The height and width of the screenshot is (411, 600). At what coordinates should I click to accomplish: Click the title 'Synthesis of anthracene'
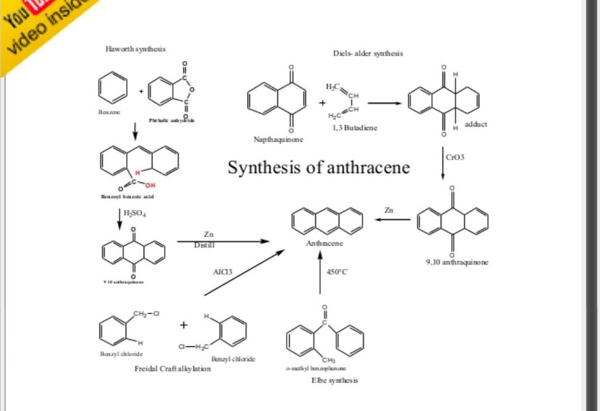pos(319,168)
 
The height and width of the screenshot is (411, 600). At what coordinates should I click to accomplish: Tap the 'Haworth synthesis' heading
pos(135,49)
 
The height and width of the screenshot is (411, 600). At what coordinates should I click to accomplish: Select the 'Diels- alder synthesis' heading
pos(368,53)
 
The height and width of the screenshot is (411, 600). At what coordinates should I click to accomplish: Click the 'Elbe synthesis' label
pos(334,380)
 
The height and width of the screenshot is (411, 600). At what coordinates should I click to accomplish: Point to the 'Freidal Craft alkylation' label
pos(173,368)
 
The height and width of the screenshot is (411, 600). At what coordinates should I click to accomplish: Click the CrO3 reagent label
pos(455,157)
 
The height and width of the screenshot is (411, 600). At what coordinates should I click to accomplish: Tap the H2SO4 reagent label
pos(135,213)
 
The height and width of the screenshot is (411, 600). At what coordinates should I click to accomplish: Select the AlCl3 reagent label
pos(222,272)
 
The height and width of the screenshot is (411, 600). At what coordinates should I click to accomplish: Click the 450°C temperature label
pos(337,272)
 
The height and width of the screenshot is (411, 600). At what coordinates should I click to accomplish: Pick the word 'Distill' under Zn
pos(204,245)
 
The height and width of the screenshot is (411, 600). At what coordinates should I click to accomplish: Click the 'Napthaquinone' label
pos(278,140)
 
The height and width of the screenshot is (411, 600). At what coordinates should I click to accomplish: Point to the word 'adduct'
pos(476,124)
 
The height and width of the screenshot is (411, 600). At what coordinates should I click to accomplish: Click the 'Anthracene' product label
pos(325,243)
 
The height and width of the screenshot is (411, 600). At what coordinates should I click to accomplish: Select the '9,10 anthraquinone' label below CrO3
pos(457,262)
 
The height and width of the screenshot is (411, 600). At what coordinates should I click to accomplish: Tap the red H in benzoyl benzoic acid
pos(138,173)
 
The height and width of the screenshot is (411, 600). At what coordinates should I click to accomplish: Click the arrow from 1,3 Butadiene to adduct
pos(385,104)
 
